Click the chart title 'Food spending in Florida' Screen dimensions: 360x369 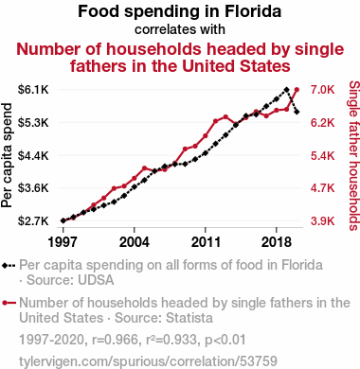tap(179, 11)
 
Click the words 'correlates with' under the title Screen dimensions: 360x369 tap(180, 29)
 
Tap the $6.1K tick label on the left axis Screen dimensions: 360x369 tap(33, 90)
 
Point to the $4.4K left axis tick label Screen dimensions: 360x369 tap(33, 155)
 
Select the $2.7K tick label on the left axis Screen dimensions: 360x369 tap(33, 220)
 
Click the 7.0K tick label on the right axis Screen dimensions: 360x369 tap(322, 90)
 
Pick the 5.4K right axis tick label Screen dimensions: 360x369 tap(322, 155)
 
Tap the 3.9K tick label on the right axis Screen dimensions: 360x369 tap(322, 220)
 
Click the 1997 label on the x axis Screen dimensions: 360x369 tap(63, 242)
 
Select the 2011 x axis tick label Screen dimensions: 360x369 tap(206, 242)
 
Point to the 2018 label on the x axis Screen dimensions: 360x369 tap(277, 242)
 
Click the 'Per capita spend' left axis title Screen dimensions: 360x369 tap(7, 155)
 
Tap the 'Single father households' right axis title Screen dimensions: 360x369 tap(354, 155)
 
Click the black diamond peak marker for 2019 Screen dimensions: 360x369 tap(286, 90)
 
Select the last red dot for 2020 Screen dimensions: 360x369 tap(297, 90)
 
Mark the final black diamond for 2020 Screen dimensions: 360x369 tap(297, 112)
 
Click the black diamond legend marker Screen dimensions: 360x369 tap(5, 266)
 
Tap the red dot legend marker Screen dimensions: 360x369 tap(5, 303)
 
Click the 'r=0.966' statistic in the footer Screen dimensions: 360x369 tap(116, 340)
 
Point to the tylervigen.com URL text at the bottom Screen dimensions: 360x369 tap(148, 361)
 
